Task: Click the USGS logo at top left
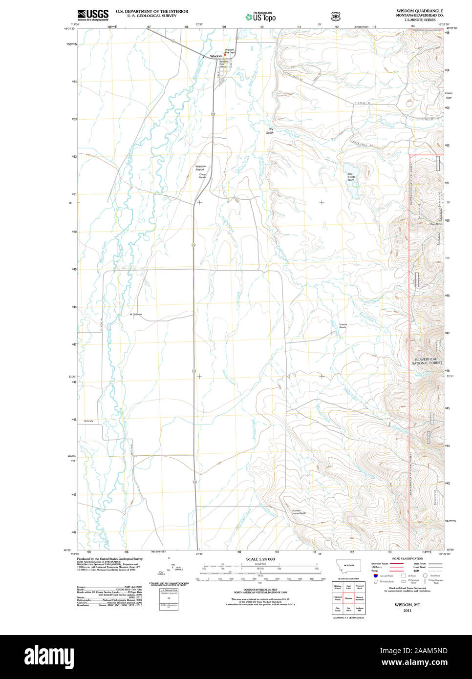[x=93, y=15]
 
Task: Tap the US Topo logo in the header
[x=260, y=17]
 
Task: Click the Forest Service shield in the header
[x=335, y=16]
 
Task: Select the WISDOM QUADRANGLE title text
[x=419, y=11]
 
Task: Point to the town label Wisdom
[x=215, y=56]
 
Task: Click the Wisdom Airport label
[x=200, y=168]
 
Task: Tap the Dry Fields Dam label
[x=351, y=177]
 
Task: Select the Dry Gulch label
[x=270, y=131]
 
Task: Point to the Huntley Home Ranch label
[x=299, y=512]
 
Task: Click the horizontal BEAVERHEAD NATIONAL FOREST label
[x=427, y=361]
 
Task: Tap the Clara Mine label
[x=435, y=224]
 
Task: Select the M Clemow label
[x=136, y=314]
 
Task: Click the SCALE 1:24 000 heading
[x=260, y=559]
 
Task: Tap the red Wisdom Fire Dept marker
[x=225, y=54]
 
